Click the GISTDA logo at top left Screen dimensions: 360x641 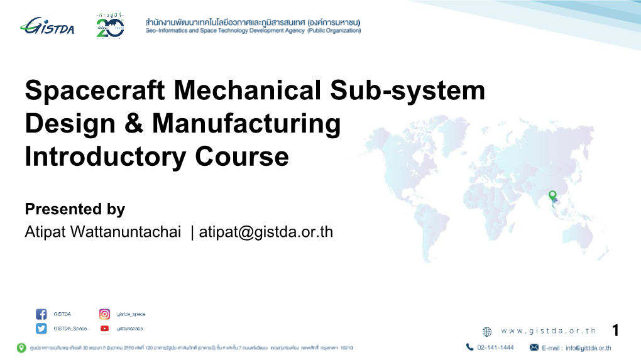(47, 26)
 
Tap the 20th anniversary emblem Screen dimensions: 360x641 (110, 27)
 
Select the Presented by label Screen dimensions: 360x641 (75, 209)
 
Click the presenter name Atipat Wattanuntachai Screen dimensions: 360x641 (102, 232)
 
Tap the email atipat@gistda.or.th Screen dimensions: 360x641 (266, 232)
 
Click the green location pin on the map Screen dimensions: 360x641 (552, 195)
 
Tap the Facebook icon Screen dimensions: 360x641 (41, 314)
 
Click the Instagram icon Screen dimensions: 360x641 (105, 314)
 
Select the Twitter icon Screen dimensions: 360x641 (41, 329)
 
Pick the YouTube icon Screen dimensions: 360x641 (105, 329)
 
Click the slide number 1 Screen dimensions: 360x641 (616, 330)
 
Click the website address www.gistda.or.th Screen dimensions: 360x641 (549, 331)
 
